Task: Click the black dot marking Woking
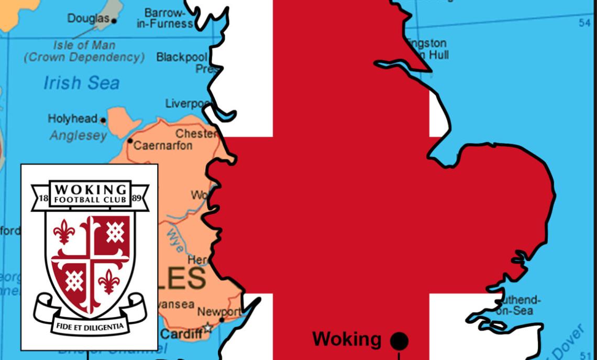(x=399, y=341)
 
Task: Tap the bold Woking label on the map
(x=347, y=339)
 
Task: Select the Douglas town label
(x=88, y=18)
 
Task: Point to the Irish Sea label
(x=81, y=83)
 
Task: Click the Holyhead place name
(x=73, y=119)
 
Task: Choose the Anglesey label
(x=78, y=136)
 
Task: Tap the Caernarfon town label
(x=162, y=146)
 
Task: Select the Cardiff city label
(x=181, y=334)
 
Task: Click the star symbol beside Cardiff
(x=208, y=328)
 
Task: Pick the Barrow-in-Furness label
(x=165, y=18)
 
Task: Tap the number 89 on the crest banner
(x=138, y=198)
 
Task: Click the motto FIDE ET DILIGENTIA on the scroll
(x=90, y=326)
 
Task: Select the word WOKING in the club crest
(x=90, y=188)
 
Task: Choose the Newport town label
(x=219, y=311)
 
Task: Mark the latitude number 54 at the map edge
(x=584, y=23)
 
